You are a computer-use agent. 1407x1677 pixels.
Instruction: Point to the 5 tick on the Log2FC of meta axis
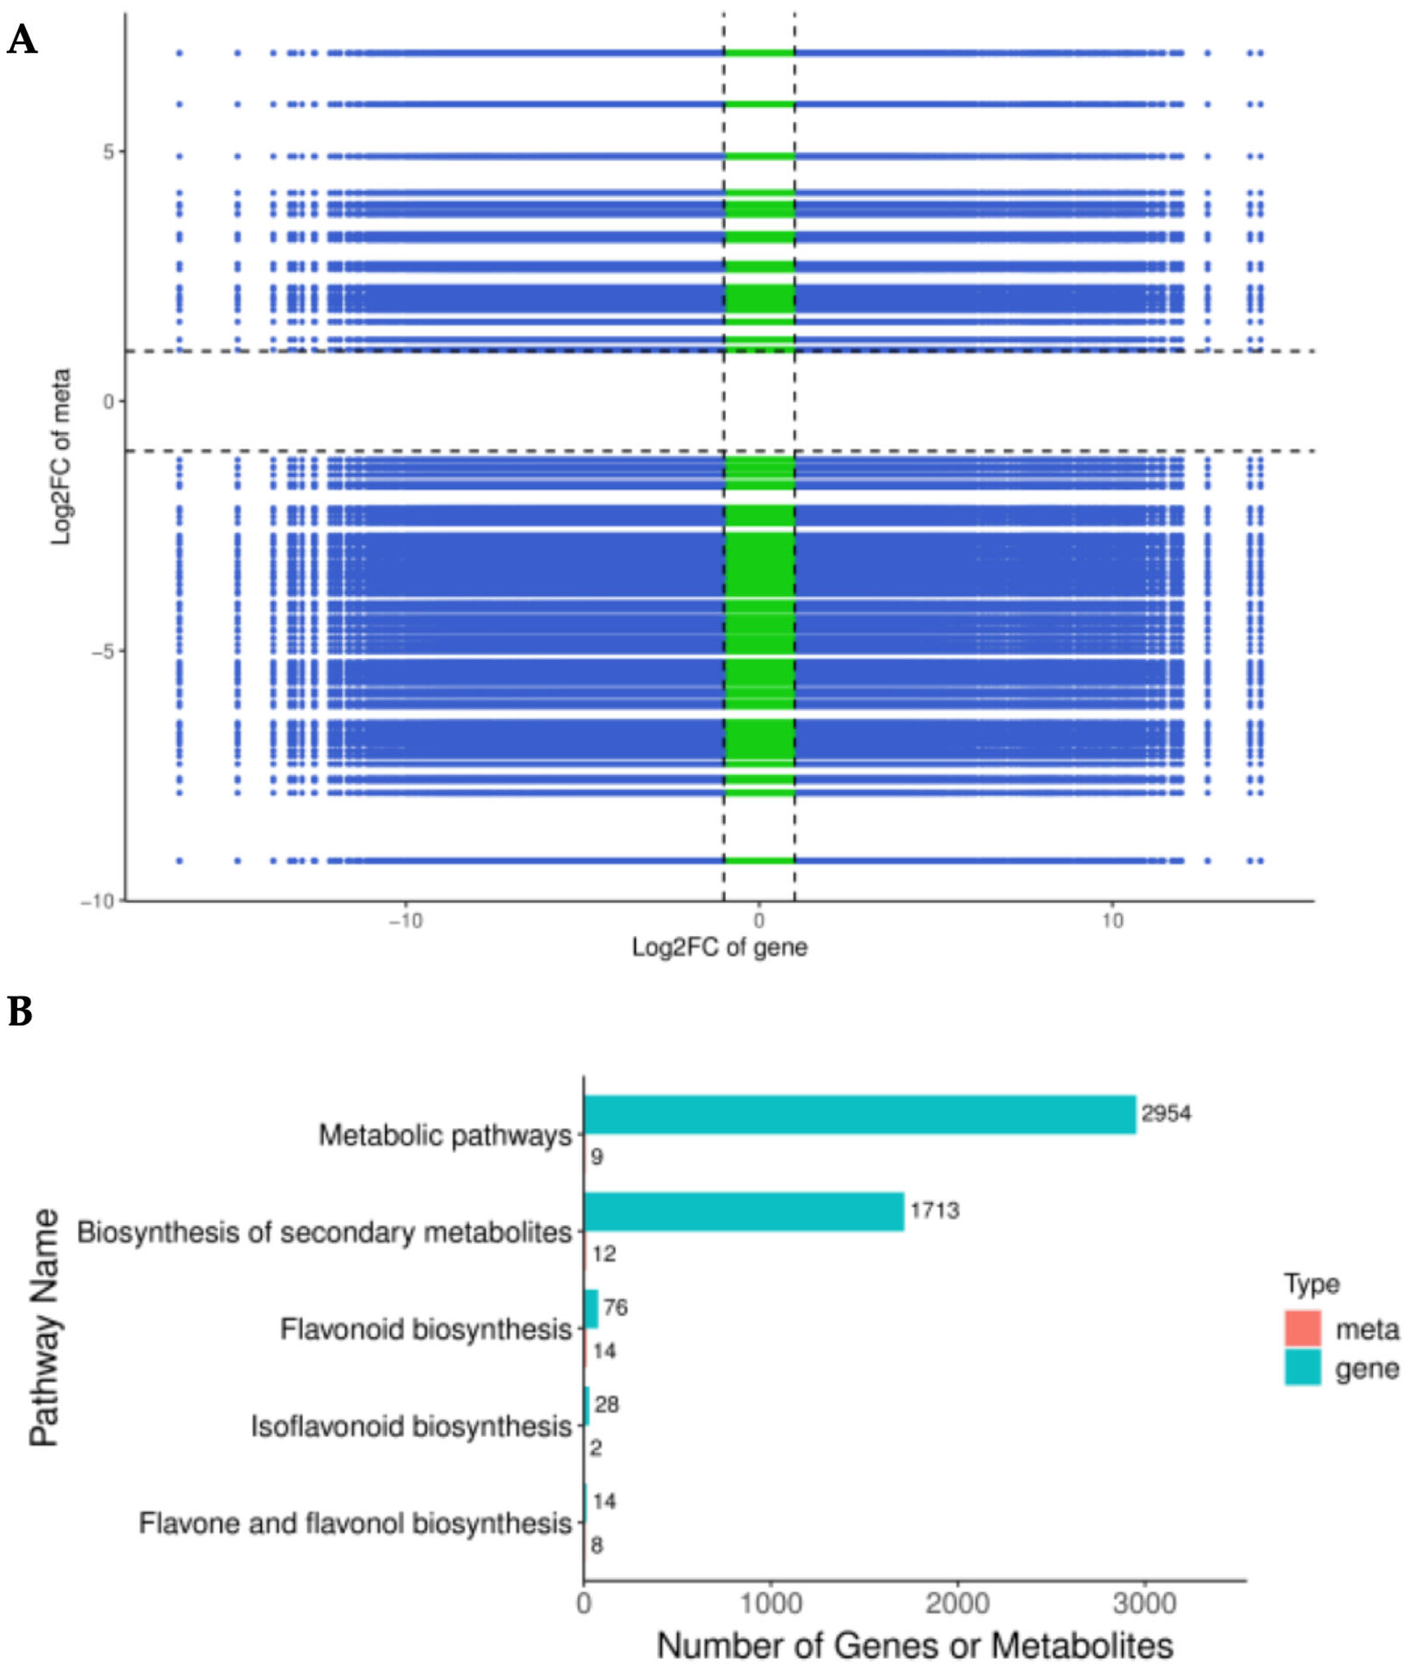tap(108, 152)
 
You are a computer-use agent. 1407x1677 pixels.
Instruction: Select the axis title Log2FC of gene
tap(720, 948)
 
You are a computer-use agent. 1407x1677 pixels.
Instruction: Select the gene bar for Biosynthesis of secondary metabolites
tap(744, 1211)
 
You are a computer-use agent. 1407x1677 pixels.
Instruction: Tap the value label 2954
tap(1166, 1113)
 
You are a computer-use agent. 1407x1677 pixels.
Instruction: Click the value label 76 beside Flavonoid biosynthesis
tap(615, 1307)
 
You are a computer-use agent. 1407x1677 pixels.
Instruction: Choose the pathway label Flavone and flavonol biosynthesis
tap(355, 1523)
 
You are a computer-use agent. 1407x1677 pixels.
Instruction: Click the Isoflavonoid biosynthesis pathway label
tap(411, 1426)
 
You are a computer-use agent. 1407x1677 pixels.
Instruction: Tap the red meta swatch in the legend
tap(1302, 1328)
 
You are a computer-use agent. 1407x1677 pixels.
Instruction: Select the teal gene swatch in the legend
tap(1302, 1367)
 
